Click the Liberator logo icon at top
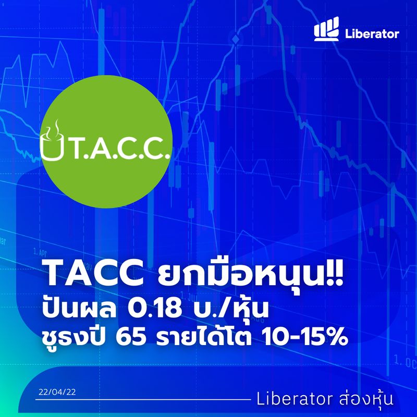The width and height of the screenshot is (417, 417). (x=326, y=32)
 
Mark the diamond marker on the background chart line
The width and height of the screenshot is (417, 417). (x=236, y=40)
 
